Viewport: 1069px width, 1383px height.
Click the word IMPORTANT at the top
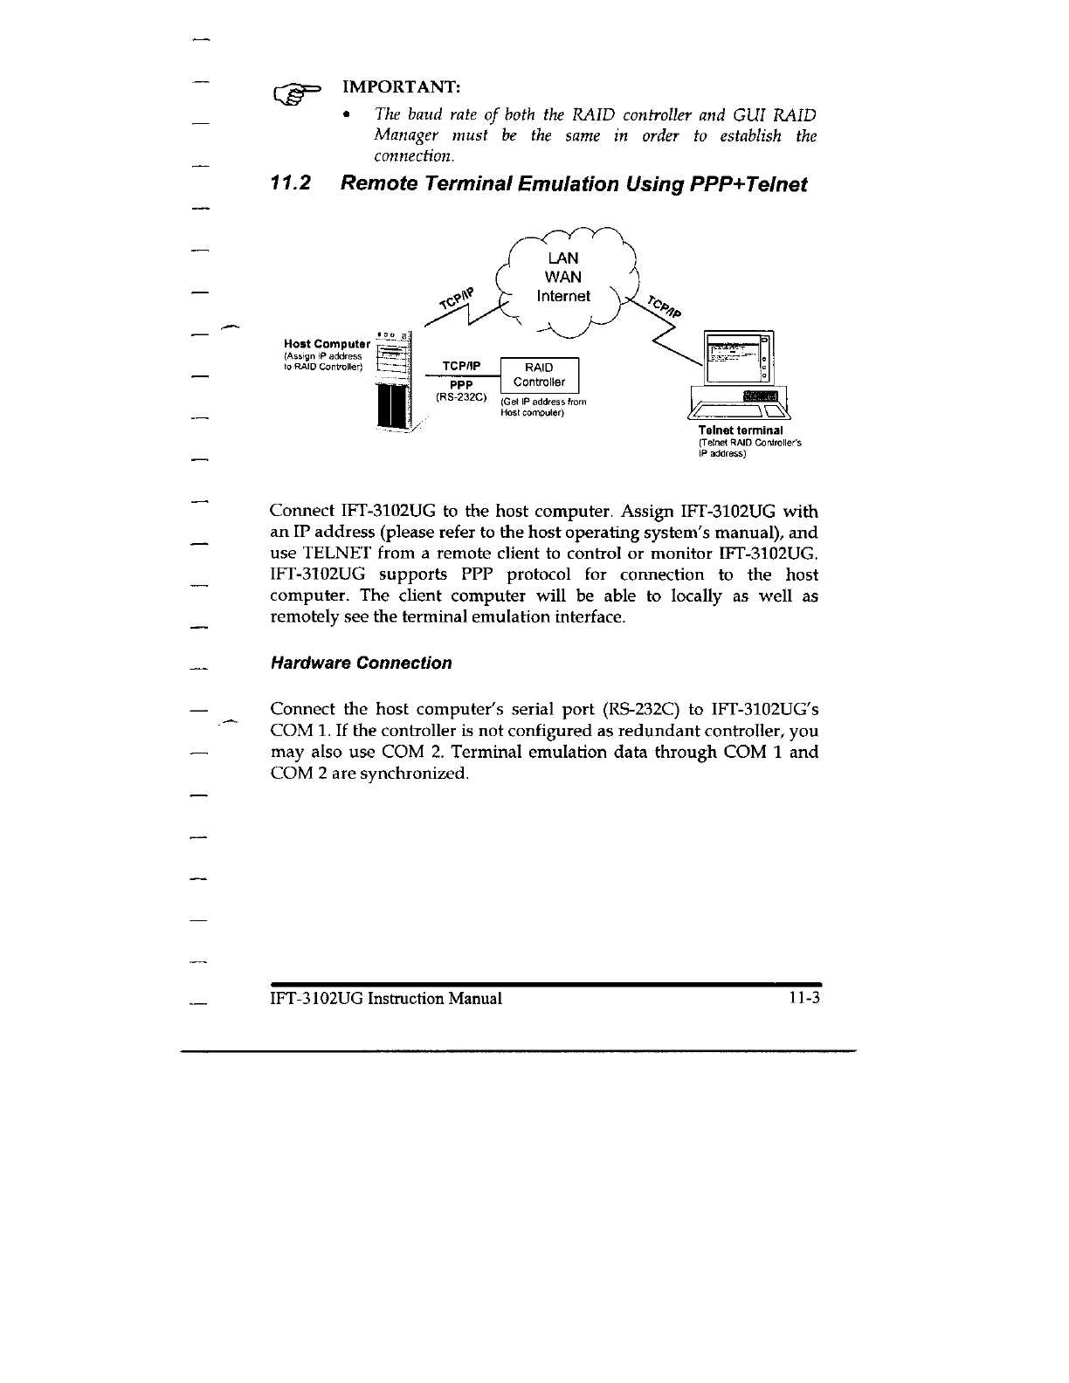pyautogui.click(x=402, y=87)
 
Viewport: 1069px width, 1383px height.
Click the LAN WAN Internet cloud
pyautogui.click(x=566, y=278)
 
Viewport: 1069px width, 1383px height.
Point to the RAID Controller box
pyautogui.click(x=539, y=375)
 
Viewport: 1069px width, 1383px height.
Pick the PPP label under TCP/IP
pyautogui.click(x=460, y=384)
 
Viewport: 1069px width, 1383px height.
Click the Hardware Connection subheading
pyautogui.click(x=362, y=663)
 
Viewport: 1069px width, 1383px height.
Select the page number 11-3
pyautogui.click(x=803, y=998)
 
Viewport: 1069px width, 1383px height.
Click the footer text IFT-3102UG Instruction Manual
pyautogui.click(x=386, y=998)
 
